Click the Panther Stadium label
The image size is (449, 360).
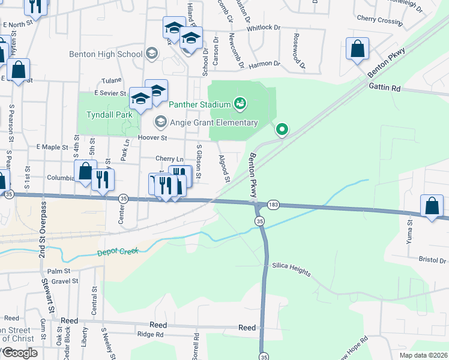tap(199, 104)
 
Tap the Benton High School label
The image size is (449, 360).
tap(106, 54)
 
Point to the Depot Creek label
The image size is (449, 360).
tap(118, 253)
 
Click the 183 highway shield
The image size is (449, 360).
tap(273, 204)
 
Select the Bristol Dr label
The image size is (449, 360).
tap(434, 260)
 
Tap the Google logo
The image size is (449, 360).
tap(20, 352)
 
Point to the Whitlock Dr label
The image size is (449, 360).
tap(262, 27)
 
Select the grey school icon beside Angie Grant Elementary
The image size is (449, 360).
tap(160, 122)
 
